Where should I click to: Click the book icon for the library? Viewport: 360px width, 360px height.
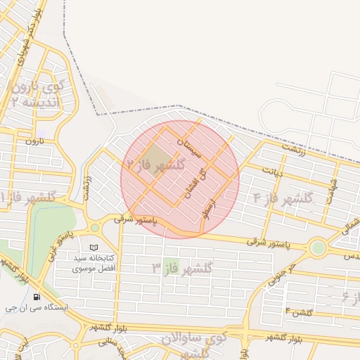click(x=94, y=248)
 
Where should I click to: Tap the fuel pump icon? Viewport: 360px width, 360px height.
click(x=37, y=297)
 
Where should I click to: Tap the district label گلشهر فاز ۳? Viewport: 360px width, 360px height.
click(x=182, y=268)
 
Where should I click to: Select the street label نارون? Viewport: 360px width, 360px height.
click(x=34, y=141)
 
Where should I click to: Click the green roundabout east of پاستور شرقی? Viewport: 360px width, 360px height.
click(x=318, y=247)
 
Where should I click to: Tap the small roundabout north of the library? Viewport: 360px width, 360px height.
click(x=95, y=228)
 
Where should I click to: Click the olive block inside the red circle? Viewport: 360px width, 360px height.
click(x=156, y=155)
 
